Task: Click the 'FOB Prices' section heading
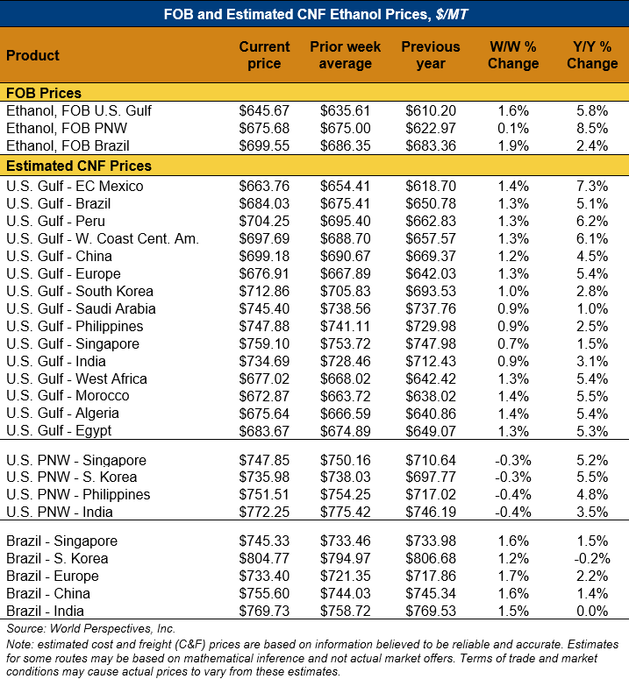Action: [x=44, y=93]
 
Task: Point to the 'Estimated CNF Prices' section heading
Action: [x=79, y=166]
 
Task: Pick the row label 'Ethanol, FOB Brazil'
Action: [x=68, y=145]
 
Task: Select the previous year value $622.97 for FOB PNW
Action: [x=431, y=128]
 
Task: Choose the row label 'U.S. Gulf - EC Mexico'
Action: [x=75, y=186]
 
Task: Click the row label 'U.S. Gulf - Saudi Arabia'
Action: [x=81, y=308]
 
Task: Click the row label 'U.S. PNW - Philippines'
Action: [x=78, y=494]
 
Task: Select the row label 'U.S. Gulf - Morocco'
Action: [x=68, y=396]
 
